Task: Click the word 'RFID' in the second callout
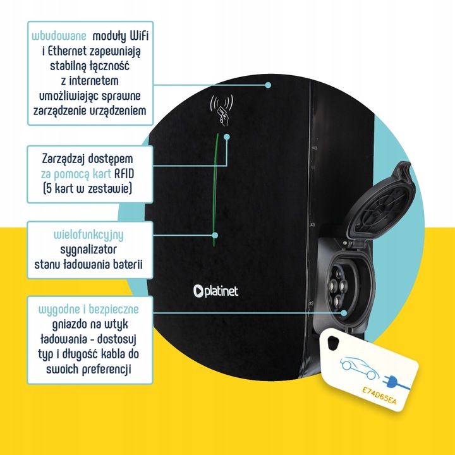(128, 174)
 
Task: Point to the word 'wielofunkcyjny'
(89, 234)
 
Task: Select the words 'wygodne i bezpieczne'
(93, 310)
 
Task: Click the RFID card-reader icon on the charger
(222, 108)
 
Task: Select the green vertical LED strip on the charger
(215, 190)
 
